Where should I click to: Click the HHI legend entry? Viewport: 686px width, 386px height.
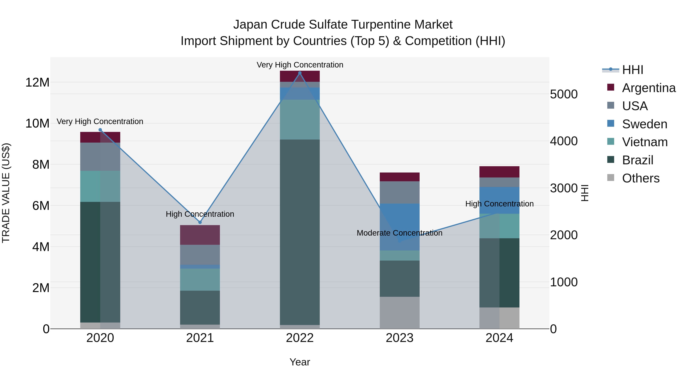click(632, 70)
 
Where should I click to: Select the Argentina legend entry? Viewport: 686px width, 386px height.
click(648, 88)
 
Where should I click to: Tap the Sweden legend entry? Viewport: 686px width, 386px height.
click(644, 124)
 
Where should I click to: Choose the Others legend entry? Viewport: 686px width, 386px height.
click(640, 178)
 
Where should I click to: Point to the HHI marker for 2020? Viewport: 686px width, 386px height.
click(100, 130)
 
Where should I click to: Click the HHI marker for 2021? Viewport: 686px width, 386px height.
click(200, 222)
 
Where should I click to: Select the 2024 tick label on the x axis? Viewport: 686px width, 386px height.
click(499, 338)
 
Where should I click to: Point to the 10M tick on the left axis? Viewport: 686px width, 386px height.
click(37, 123)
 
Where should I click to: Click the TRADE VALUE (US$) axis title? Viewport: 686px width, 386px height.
click(6, 193)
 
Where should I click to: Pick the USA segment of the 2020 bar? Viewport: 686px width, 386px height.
click(100, 157)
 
